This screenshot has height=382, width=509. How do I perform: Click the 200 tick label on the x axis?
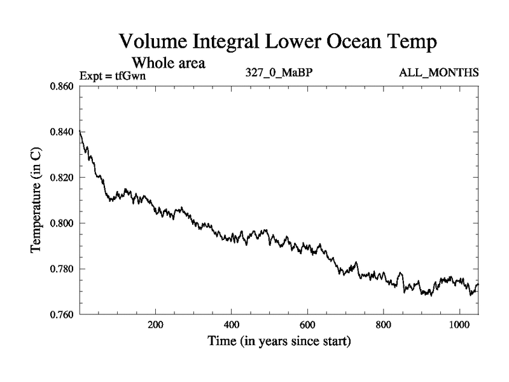point(155,324)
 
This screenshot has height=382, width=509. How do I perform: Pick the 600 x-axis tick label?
point(307,324)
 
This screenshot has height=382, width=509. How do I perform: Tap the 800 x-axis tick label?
point(384,324)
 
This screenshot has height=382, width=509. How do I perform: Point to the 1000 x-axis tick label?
point(459,324)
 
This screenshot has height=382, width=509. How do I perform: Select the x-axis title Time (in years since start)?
point(279,342)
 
